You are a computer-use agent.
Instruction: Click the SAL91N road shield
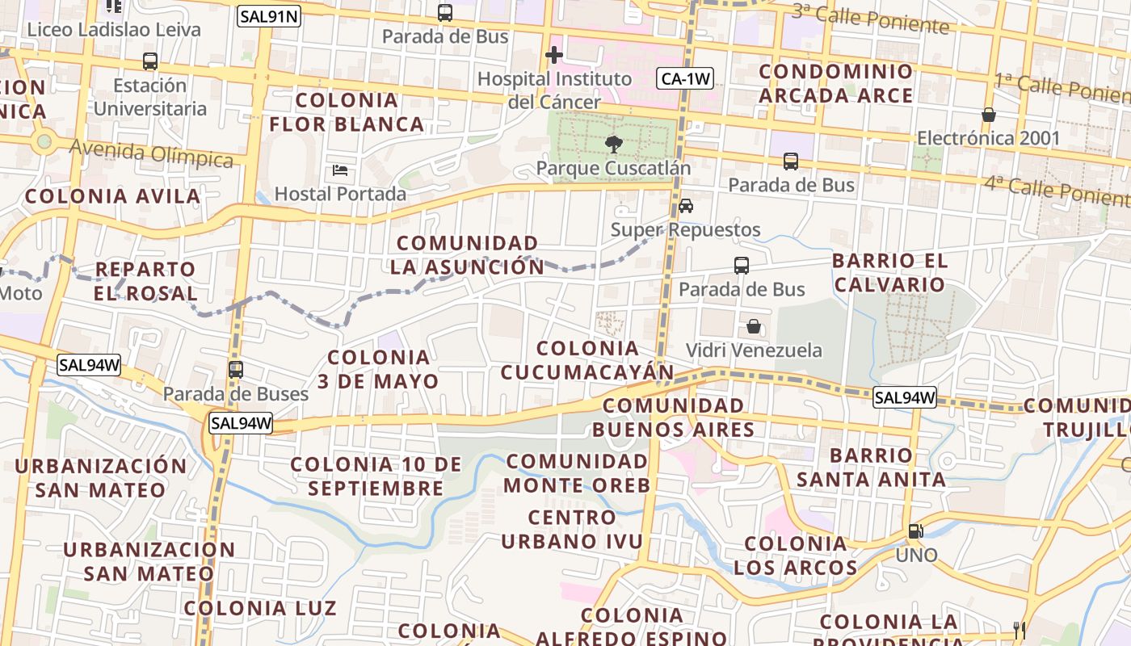[x=268, y=15]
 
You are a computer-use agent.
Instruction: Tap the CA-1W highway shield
[x=685, y=78]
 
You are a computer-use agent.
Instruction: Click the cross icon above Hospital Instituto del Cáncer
[x=553, y=55]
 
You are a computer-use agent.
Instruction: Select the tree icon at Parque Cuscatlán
[x=614, y=145]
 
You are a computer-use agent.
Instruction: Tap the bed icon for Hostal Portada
[x=340, y=170]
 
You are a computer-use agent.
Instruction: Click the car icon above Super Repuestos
[x=685, y=206]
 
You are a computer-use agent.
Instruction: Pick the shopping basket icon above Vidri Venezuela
[x=753, y=326]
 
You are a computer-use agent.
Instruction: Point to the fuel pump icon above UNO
[x=916, y=531]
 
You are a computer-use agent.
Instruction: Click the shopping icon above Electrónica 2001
[x=988, y=115]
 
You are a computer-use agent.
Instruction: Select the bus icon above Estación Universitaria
[x=149, y=61]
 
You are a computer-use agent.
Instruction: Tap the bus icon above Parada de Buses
[x=235, y=370]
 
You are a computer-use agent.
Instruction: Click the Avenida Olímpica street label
[x=151, y=153]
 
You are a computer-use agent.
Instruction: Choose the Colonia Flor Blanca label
[x=347, y=112]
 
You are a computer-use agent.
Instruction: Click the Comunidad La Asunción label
[x=468, y=254]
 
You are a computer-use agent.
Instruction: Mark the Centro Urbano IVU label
[x=572, y=529]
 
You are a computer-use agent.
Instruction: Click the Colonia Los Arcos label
[x=795, y=556]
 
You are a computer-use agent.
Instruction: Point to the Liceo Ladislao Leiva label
[x=114, y=30]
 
